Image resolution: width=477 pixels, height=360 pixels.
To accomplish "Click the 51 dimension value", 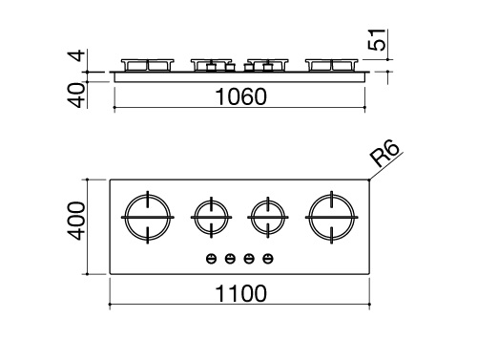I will [x=381, y=42].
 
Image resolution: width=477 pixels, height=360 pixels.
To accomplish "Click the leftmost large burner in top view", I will [x=148, y=218].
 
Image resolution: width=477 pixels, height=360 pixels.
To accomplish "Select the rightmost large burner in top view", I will [x=329, y=218].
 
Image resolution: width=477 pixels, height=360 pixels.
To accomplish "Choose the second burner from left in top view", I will [x=210, y=218].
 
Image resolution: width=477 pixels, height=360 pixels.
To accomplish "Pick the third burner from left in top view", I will [x=266, y=218].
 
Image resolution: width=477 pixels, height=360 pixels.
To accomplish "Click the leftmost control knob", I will [x=212, y=257].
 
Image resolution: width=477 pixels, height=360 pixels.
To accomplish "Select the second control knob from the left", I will [x=230, y=257].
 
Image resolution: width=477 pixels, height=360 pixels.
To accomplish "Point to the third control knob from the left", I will [x=249, y=257].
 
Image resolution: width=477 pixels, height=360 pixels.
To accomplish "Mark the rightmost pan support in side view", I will [x=329, y=65].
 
